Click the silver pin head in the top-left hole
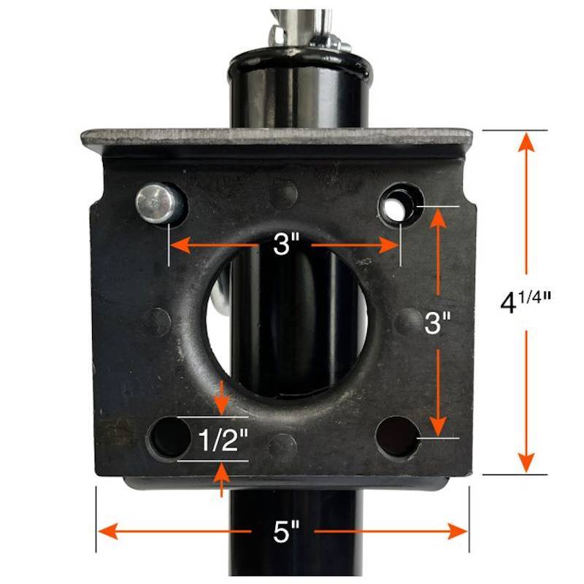(x=155, y=204)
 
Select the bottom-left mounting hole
(x=169, y=437)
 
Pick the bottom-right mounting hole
(x=398, y=437)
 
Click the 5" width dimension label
(x=286, y=532)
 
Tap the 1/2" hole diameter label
(x=223, y=439)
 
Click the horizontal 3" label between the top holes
(x=285, y=245)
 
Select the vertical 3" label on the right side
(x=437, y=322)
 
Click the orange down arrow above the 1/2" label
(x=222, y=398)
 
